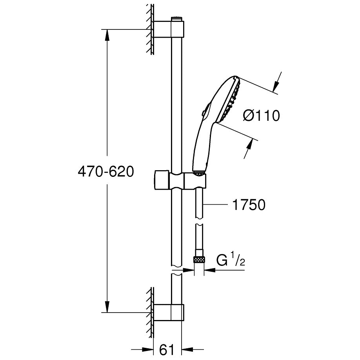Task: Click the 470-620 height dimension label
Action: click(106, 171)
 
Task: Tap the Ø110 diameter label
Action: click(262, 115)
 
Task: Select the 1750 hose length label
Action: click(249, 205)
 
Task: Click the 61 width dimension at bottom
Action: click(167, 350)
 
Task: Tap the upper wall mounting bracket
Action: click(169, 29)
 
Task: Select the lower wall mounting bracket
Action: click(169, 312)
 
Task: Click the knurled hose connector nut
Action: click(199, 260)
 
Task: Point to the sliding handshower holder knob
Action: click(162, 180)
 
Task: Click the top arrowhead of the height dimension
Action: click(107, 35)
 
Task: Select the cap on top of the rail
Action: click(176, 19)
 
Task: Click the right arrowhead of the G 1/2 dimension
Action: click(209, 270)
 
